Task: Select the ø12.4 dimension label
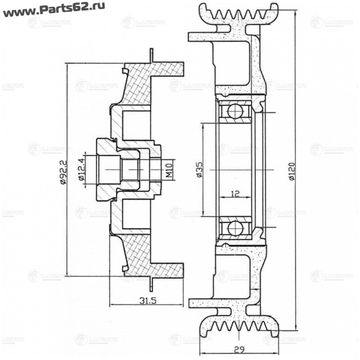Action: (82, 170)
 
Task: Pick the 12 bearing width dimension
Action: (234, 194)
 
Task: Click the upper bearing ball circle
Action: (235, 110)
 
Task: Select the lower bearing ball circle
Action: (235, 228)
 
